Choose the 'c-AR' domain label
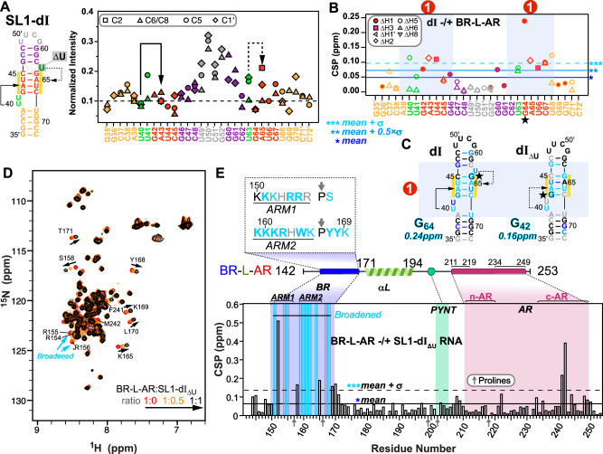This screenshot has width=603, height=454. [563, 295]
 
